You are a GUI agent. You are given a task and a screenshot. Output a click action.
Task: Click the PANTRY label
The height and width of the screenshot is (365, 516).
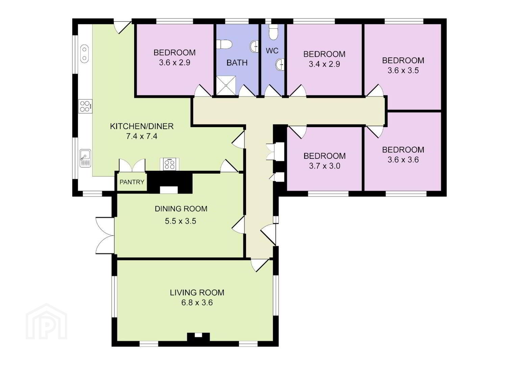pos(132,182)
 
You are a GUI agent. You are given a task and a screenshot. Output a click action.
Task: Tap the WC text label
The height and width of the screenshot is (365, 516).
pos(272,51)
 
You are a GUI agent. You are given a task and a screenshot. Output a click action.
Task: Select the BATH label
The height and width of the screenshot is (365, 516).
pos(237,63)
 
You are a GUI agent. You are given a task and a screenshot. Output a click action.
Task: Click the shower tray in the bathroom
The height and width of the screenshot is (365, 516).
pos(226,85)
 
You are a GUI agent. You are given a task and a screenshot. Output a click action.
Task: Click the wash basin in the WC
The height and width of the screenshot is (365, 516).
pos(280,64)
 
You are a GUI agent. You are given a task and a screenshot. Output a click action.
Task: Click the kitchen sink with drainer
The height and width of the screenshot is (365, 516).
pos(85,158)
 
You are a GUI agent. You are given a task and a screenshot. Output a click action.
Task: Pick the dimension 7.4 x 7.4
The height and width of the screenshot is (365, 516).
pos(142,137)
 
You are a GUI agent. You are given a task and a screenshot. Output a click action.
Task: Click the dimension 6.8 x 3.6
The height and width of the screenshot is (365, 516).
pos(197,302)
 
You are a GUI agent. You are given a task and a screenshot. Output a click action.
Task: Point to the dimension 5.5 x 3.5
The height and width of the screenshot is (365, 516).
pos(180,221)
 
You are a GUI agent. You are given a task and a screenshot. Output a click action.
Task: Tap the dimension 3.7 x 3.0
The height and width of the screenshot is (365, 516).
pos(325,166)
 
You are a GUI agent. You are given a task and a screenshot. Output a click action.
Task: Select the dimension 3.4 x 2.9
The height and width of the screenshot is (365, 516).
pos(324,64)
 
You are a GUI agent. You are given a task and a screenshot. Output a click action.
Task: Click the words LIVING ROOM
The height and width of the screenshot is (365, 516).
pos(197,292)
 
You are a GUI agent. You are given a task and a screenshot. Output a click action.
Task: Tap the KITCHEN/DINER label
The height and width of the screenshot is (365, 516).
pos(142,126)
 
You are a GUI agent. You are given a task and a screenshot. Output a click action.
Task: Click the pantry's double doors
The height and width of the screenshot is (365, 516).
pos(132,166)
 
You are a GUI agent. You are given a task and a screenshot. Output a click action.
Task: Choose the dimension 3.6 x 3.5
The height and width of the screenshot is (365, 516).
pos(403,70)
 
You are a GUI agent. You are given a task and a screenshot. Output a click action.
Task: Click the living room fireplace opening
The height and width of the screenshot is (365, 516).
pos(198,335)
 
